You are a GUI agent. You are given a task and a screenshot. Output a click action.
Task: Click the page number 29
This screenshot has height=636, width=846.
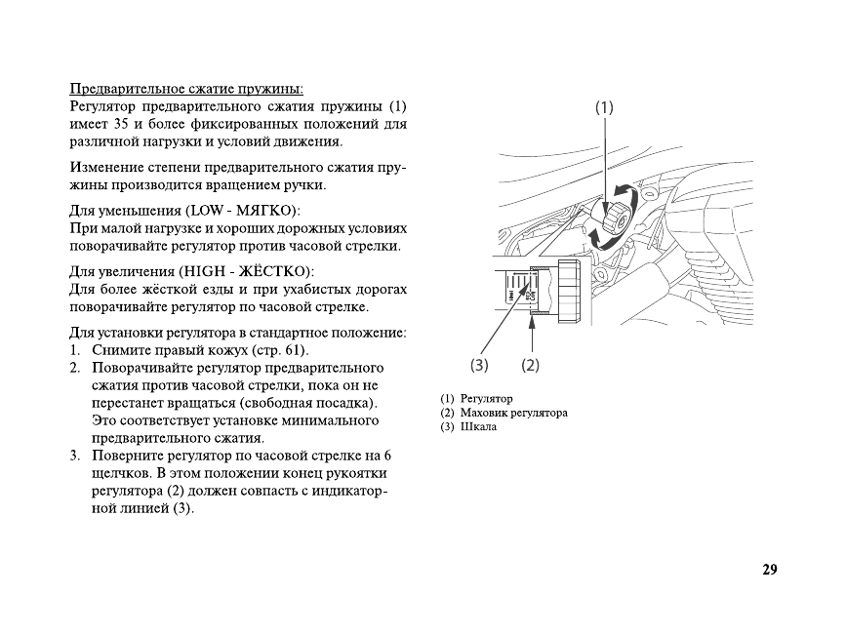[x=769, y=571]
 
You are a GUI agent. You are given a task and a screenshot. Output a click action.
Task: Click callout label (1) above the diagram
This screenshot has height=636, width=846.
[x=605, y=108]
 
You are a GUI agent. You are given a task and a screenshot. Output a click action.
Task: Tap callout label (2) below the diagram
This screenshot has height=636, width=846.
[x=530, y=366]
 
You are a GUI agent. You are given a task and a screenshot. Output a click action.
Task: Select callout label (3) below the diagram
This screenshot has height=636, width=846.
[x=479, y=366]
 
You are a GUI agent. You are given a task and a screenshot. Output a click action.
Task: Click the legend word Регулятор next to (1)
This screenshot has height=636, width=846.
[x=487, y=399]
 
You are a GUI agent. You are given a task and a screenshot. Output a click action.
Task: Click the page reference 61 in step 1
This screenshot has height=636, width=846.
[x=292, y=350]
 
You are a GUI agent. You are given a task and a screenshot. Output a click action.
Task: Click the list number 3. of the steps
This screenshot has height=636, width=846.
[x=75, y=456]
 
